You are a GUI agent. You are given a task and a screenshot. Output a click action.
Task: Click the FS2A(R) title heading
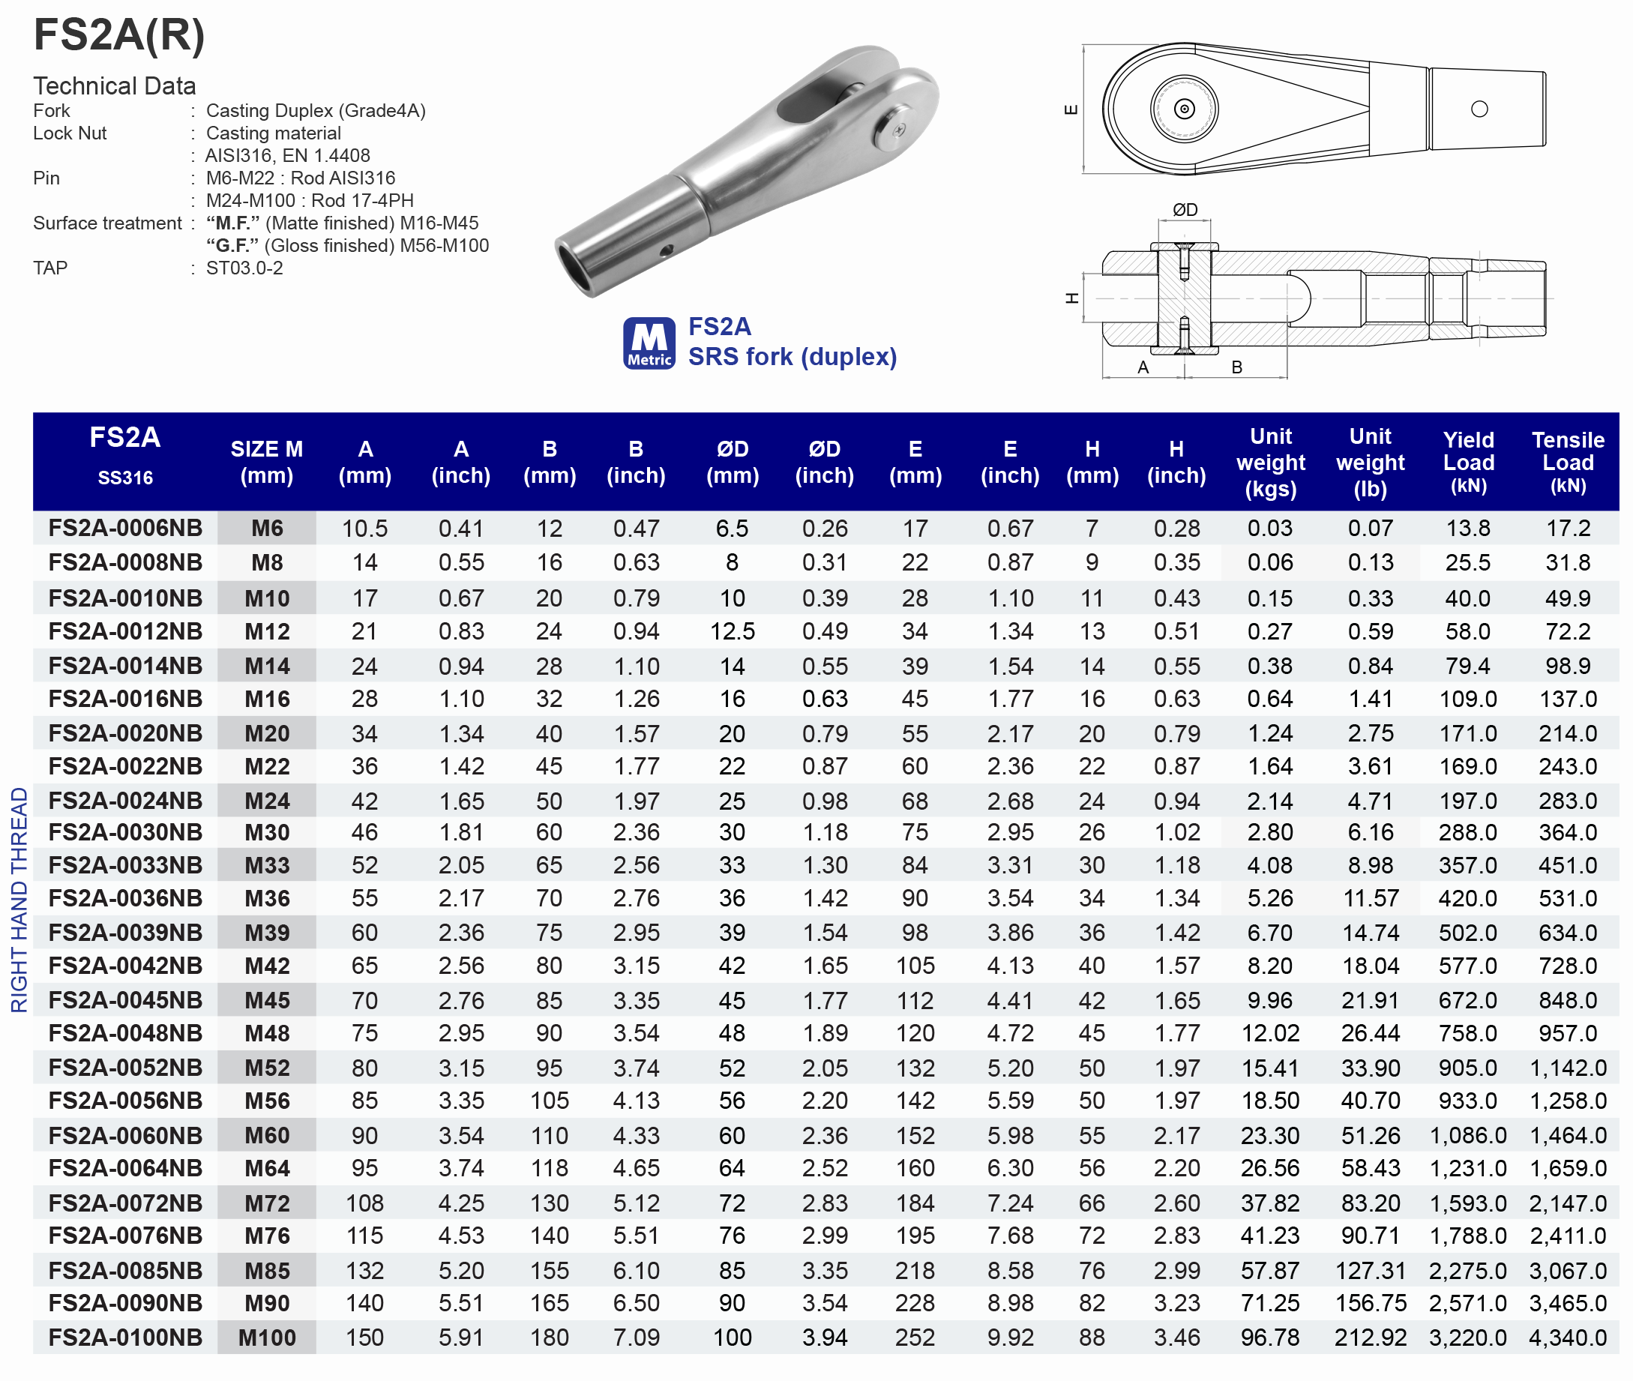point(119,35)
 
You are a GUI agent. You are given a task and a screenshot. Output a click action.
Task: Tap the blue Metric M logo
point(649,343)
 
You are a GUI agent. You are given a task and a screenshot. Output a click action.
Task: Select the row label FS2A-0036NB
point(125,898)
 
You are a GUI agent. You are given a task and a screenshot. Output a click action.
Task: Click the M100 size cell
point(267,1338)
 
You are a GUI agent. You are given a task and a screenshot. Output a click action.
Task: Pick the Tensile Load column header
point(1567,462)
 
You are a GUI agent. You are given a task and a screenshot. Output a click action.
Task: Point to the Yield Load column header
point(1468,462)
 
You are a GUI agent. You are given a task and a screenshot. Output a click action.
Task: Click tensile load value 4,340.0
point(1567,1338)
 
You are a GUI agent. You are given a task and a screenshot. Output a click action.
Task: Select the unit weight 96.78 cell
point(1270,1338)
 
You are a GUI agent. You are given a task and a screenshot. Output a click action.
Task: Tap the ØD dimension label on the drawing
point(1185,209)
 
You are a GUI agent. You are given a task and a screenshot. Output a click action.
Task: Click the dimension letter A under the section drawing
point(1143,367)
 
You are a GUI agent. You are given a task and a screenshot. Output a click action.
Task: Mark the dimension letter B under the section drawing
point(1237,367)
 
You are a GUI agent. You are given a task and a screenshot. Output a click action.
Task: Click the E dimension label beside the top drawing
point(1071,109)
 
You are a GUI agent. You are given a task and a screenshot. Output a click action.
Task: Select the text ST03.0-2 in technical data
point(244,268)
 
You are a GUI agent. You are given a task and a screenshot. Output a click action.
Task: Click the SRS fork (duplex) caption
point(792,357)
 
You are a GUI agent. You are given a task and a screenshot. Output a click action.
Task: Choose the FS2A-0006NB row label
point(125,528)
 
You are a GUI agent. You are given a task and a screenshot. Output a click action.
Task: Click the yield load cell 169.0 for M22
point(1468,765)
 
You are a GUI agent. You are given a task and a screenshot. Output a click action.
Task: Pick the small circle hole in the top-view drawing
point(1479,109)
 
